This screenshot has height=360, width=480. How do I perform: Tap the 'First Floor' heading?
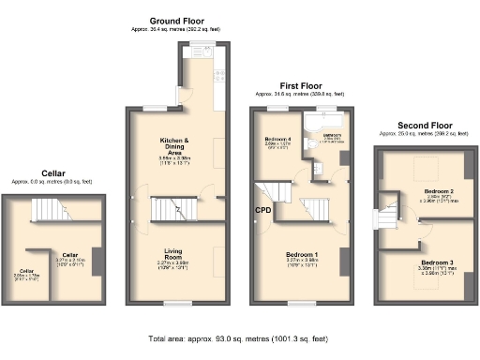point(300,85)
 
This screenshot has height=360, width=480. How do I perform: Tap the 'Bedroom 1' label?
point(302,254)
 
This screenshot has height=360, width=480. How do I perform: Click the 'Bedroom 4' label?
point(277,139)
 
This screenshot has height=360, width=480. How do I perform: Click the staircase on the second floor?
point(386,219)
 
